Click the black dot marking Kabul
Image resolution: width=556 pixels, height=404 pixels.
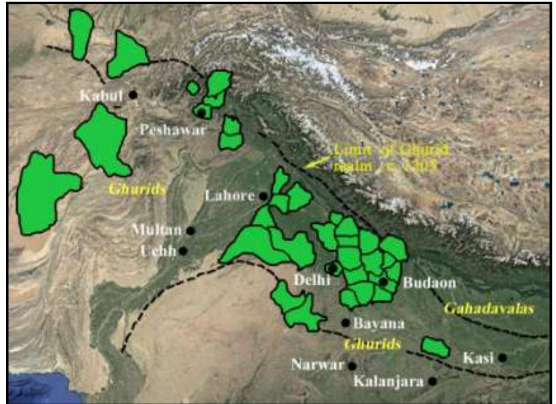click(x=133, y=95)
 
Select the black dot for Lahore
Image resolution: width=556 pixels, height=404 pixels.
click(x=263, y=197)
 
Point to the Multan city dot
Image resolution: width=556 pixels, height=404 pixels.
click(x=190, y=231)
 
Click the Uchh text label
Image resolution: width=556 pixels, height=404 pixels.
click(x=158, y=251)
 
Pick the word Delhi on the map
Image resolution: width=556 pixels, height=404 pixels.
click(x=312, y=280)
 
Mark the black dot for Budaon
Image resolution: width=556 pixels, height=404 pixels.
click(x=383, y=282)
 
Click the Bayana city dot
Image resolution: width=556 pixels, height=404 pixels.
click(x=345, y=323)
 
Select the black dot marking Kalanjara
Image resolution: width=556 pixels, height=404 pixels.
click(x=433, y=381)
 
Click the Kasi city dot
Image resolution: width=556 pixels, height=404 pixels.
click(x=503, y=357)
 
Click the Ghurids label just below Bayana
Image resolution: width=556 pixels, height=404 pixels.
click(x=372, y=344)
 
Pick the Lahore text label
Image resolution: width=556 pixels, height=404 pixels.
click(x=230, y=196)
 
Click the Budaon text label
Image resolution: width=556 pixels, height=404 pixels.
click(x=429, y=282)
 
